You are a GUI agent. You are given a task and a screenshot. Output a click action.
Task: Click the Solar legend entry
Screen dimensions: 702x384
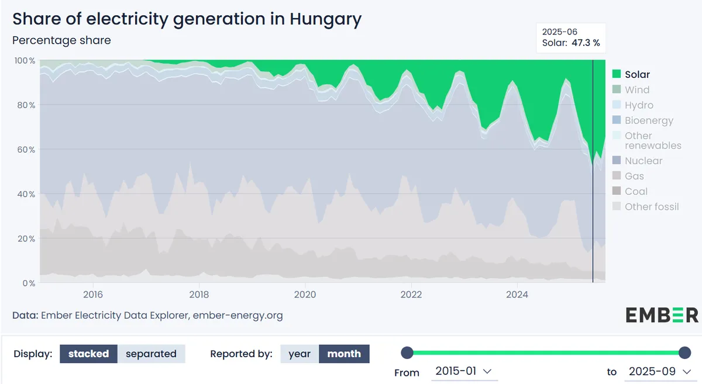631,74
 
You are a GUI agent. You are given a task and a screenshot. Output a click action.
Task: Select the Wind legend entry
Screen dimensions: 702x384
631,89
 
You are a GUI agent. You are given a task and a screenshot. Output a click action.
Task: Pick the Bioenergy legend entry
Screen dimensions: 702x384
642,120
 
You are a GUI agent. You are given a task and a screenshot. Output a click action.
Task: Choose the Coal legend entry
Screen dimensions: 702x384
629,191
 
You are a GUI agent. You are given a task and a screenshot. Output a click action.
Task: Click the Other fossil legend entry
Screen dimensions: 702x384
645,206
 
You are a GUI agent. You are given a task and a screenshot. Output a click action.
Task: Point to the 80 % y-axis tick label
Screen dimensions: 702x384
26,105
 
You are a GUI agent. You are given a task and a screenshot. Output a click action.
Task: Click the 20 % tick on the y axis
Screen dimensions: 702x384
26,238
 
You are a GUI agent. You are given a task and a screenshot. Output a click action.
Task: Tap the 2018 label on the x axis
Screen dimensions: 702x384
199,295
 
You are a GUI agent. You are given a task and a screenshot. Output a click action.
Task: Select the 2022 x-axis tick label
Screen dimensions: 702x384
411,295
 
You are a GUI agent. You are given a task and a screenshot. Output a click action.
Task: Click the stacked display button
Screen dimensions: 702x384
88,354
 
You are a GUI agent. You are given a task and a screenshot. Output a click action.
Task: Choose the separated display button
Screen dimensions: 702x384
151,354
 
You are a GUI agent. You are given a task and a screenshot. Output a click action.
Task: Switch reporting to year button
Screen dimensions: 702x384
300,354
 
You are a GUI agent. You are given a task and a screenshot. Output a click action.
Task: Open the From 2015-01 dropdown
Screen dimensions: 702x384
464,372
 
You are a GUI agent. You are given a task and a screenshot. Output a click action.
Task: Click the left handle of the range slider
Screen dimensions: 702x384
407,352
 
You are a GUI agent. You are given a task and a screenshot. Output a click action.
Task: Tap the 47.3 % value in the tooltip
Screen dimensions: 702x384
586,43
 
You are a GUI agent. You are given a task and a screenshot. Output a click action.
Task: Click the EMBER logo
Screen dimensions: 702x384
662,315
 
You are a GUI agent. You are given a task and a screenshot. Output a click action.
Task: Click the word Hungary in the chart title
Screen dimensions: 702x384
325,19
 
